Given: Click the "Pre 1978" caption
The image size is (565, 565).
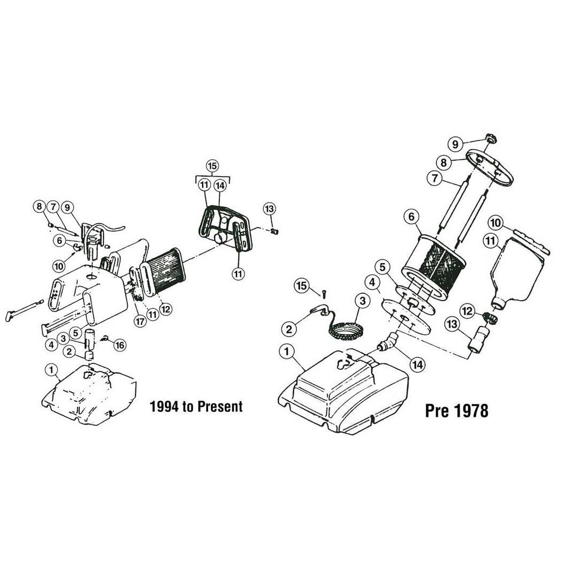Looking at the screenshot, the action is pos(456,410).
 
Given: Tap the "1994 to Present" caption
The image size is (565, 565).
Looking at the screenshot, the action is pos(196,407).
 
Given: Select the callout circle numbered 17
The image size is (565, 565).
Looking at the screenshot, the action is pos(140,321).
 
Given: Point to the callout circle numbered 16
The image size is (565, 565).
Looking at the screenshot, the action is pos(119,345).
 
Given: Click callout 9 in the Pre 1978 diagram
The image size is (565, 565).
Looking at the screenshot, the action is pos(455,144).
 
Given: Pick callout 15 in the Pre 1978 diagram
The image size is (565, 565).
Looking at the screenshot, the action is pos(302,286).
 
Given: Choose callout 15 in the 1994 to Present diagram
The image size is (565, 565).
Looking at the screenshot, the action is pos(212,166).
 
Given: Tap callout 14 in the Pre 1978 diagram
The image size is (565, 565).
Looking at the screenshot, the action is pos(418,365).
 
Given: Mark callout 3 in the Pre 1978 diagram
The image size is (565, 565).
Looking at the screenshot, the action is pos(363,301).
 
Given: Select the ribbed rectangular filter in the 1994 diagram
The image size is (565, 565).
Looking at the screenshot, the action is pos(166,272).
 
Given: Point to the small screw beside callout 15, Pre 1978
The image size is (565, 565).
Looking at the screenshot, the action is pos(324,294).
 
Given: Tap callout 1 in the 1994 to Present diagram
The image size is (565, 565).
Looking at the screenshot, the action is pos(51,370).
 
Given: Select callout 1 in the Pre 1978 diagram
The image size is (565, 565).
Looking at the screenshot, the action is pos(287,352).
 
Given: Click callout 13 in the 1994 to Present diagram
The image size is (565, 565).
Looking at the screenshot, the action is pos(269,208).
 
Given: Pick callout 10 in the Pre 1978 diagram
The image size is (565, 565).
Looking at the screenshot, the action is pos(495,223).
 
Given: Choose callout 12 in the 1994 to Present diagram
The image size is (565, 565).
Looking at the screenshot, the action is pos(165,309).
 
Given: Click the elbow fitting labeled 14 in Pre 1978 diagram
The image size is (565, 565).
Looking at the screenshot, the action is pos(388,342).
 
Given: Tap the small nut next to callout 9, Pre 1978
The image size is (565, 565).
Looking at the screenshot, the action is pos(490,138).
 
